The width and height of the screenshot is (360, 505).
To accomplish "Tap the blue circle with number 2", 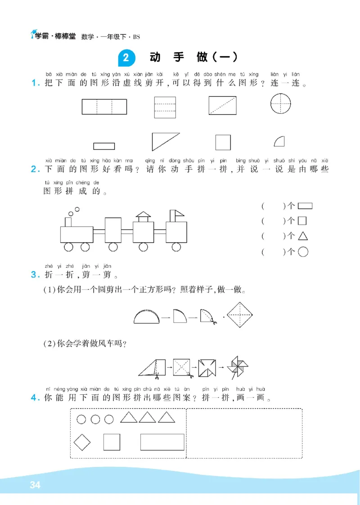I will click(126, 58).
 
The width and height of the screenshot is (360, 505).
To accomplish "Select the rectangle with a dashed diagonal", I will click(222, 105).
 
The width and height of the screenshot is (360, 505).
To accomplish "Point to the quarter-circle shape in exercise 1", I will click(279, 142).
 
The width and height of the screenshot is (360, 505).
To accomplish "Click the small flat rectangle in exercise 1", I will click(104, 146).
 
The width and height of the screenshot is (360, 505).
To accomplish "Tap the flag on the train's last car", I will click(176, 213).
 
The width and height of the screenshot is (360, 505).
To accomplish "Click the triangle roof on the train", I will click(143, 214).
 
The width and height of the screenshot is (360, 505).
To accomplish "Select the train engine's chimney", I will click(68, 222).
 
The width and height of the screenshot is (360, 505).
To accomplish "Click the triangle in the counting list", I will click(303, 236).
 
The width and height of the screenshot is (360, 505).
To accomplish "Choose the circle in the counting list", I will click(303, 252).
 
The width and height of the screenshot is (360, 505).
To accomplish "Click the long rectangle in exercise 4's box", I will click(162, 442).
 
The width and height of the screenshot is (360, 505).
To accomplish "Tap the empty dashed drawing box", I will click(244, 433).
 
